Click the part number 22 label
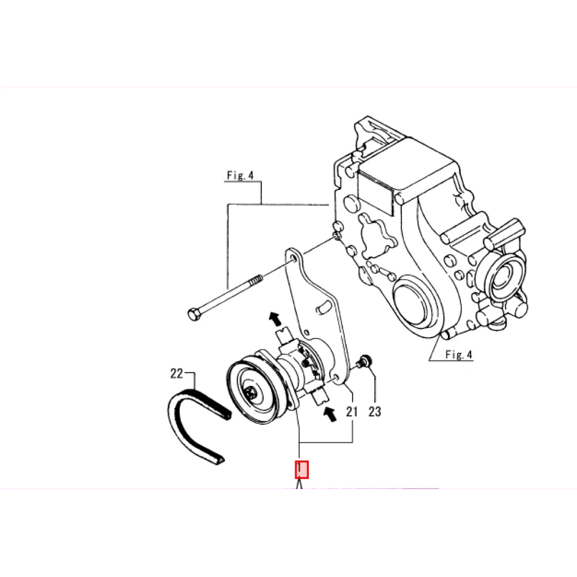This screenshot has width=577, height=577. [x=176, y=374]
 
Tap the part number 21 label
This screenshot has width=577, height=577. [x=352, y=411]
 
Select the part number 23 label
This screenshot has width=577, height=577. [x=375, y=411]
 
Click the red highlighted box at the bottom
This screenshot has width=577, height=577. [x=301, y=470]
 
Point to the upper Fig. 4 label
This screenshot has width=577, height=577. [x=240, y=175]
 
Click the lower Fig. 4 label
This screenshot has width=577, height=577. [x=459, y=354]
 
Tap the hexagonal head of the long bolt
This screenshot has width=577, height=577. [x=194, y=314]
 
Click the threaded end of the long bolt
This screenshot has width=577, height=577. [x=255, y=281]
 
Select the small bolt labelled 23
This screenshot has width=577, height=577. [x=364, y=361]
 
